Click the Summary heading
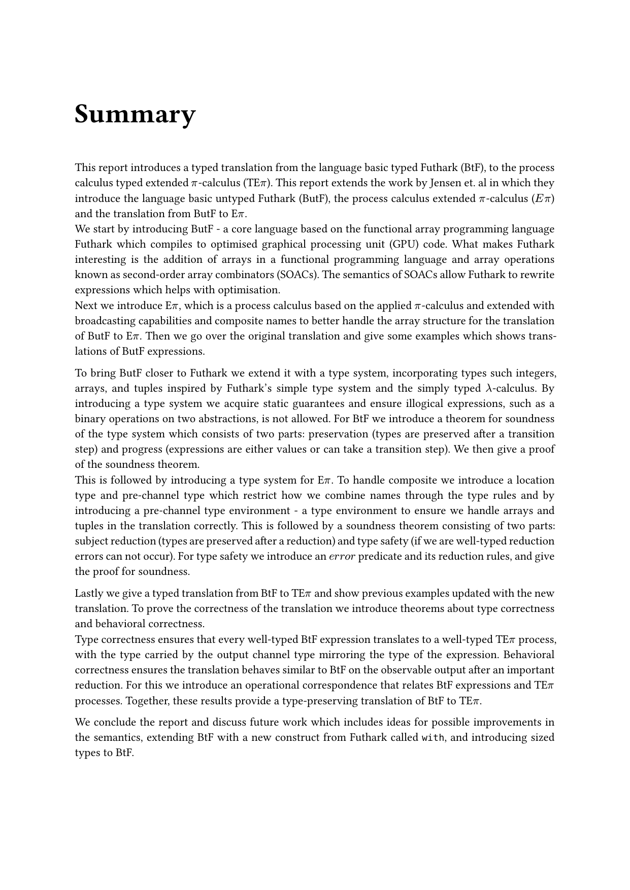click(x=135, y=115)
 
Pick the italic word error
click(x=342, y=557)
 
